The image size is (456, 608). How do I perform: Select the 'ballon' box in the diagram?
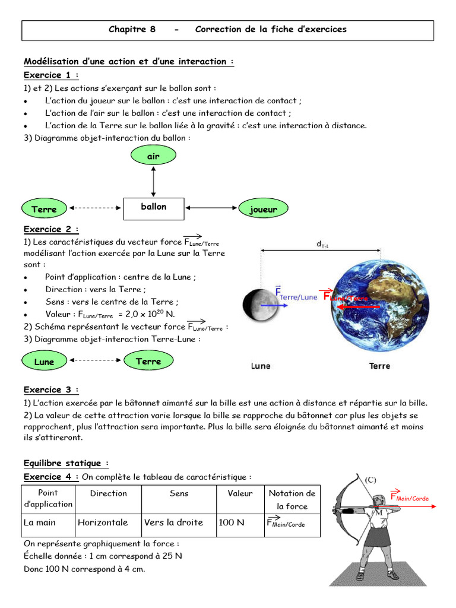coord(154,207)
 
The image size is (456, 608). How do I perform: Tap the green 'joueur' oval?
coord(263,208)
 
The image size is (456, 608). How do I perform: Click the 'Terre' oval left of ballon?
coord(45,208)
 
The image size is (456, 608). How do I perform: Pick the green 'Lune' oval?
coord(45,362)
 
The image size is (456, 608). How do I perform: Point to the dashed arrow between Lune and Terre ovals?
coord(96,360)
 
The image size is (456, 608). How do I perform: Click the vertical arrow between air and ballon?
coord(154,182)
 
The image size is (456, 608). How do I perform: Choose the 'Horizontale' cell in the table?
coord(103,522)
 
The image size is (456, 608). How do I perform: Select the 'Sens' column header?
coord(179,493)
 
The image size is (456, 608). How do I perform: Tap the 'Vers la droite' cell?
coord(173,522)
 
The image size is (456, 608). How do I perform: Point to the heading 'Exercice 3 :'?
coord(51,389)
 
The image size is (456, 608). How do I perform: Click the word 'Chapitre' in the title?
coord(128,29)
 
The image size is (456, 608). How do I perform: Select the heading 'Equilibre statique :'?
coord(66,463)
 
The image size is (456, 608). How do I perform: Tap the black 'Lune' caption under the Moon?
coord(260,366)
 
